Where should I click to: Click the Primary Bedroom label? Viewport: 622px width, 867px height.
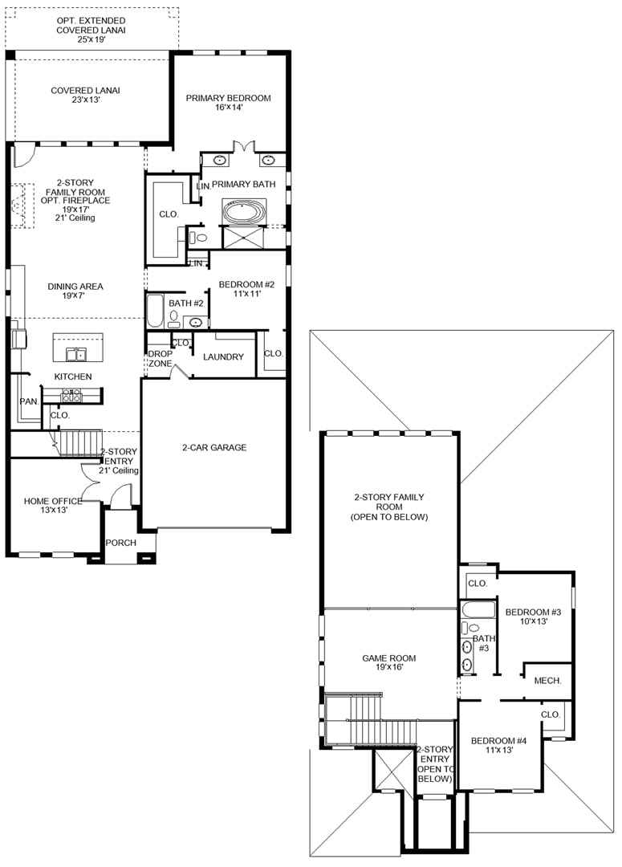229,102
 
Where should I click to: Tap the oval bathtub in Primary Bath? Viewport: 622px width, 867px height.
244,212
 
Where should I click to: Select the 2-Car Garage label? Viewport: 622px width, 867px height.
214,447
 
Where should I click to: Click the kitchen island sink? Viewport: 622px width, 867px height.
76,354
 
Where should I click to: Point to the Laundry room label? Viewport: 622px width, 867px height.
223,356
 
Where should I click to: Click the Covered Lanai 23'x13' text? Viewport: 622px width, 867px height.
85,95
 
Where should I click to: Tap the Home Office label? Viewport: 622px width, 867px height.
53,506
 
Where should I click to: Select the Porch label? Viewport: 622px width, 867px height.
121,543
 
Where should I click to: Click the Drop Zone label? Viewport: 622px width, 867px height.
161,358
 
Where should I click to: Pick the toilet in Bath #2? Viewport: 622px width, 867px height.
174,319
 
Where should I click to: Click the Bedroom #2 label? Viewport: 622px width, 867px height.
246,289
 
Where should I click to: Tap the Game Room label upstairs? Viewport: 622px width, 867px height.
389,662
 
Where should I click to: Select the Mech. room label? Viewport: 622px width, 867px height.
548,681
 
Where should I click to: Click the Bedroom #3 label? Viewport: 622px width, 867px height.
534,617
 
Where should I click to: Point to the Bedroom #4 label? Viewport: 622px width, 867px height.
499,745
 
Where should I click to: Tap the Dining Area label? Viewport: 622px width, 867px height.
75,291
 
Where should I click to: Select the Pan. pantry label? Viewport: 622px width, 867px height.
30,401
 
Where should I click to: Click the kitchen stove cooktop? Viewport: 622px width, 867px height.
71,395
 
